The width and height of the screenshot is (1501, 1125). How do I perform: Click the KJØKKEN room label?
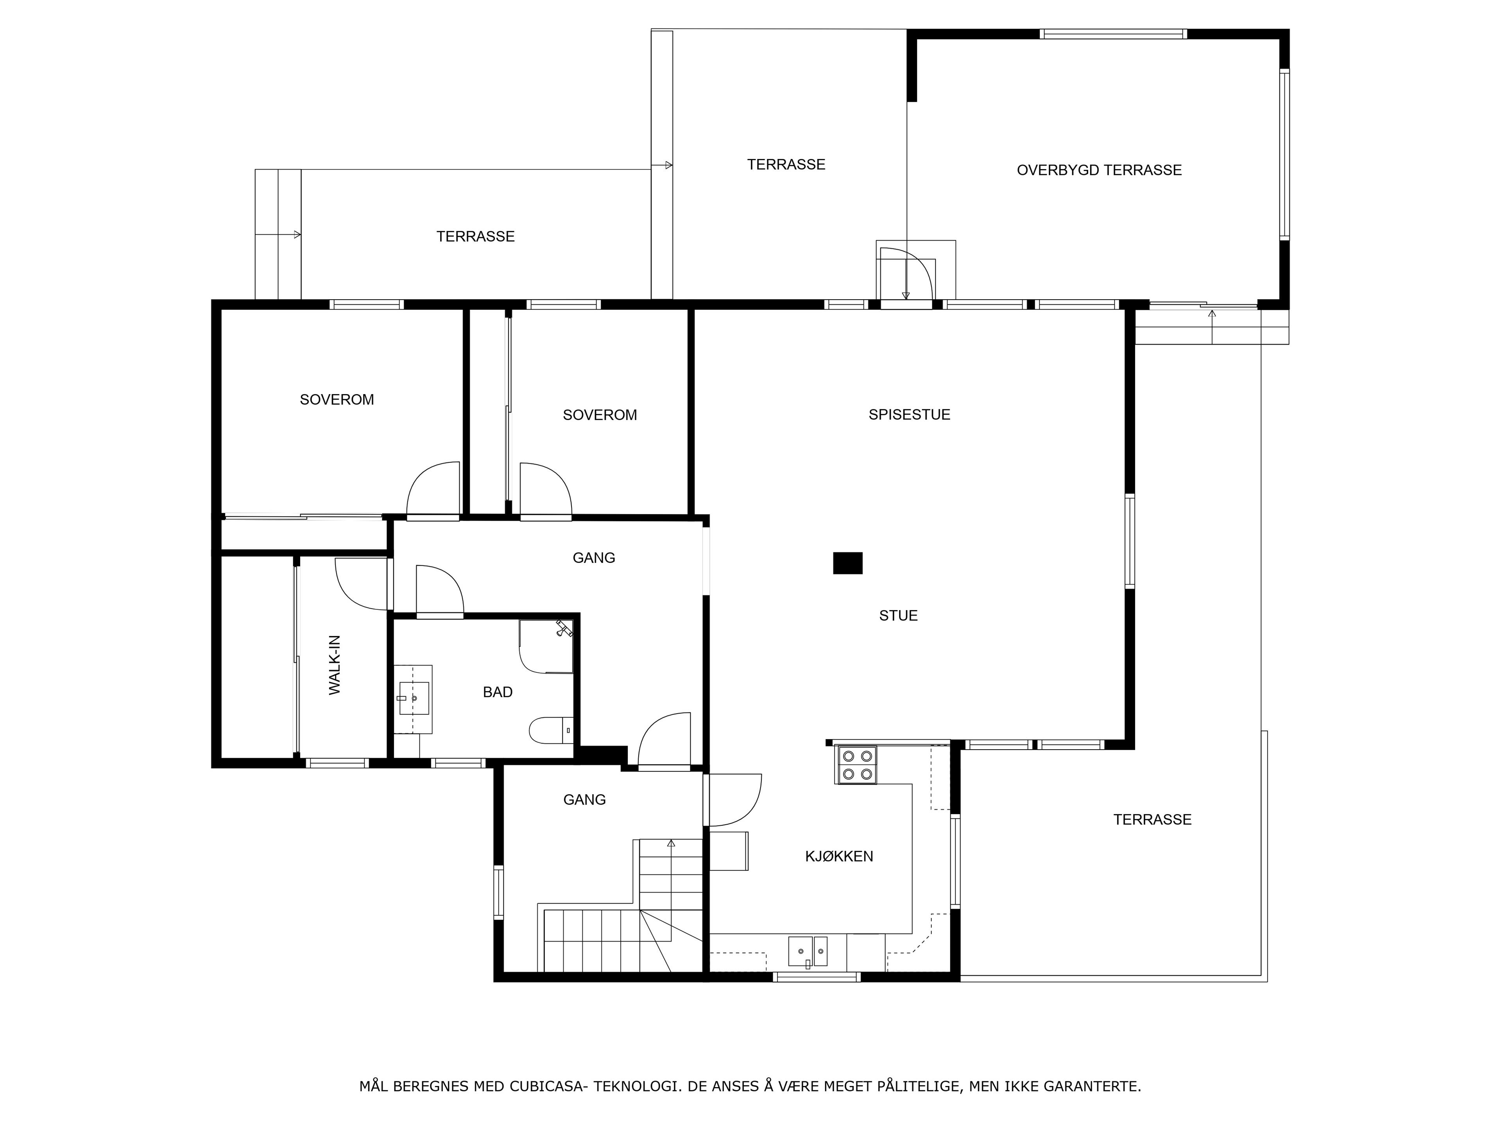(x=839, y=857)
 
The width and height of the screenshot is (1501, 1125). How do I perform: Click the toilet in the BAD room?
(x=551, y=730)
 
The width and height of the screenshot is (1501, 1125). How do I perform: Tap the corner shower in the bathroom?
(x=546, y=646)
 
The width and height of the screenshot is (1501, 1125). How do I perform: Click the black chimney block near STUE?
(x=847, y=563)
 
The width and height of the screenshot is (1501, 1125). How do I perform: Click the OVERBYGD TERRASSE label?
(x=1099, y=170)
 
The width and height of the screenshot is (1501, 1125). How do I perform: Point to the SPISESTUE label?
(x=909, y=415)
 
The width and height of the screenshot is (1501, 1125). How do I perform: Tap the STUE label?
(x=898, y=616)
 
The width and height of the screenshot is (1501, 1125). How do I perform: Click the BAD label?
(x=497, y=692)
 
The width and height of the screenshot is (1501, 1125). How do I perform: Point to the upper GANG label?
(x=594, y=558)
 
